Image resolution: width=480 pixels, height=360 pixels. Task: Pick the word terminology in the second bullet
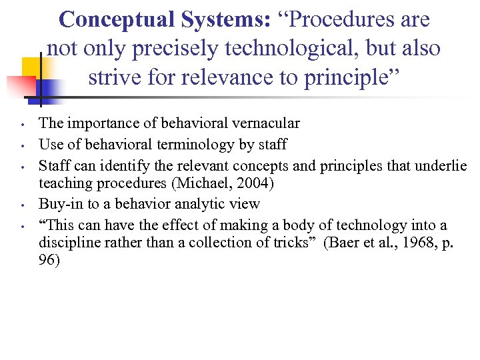(200, 145)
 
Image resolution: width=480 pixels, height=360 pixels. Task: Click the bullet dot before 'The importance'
(23, 125)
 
